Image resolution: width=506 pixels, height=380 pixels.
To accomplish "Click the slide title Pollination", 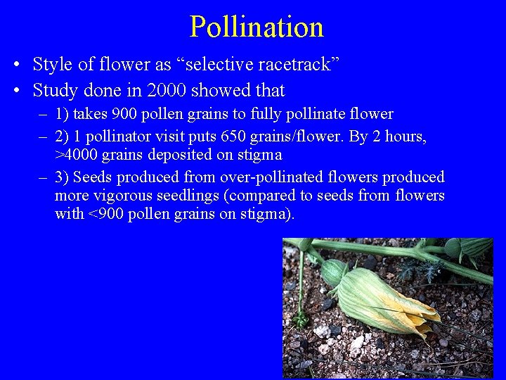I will coord(257,27).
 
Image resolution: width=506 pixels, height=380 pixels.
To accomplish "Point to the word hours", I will coord(403,136).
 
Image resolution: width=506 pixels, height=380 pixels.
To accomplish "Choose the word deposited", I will coord(176,155).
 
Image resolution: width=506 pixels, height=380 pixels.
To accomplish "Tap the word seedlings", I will coord(195,195).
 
